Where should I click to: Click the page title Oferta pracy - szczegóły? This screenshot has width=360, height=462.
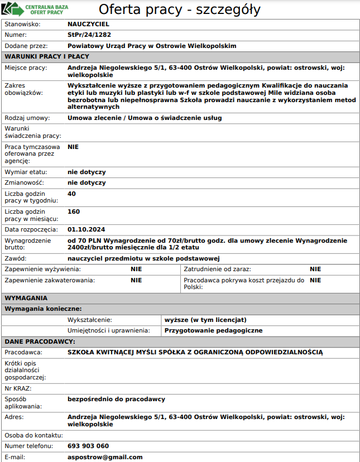pos(179,9)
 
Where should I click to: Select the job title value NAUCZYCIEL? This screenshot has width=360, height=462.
pos(88,25)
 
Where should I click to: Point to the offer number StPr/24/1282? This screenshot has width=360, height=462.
pos(89,35)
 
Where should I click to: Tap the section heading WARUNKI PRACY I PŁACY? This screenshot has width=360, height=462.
pos(47,56)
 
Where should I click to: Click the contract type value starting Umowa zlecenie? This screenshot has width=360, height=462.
pos(145,118)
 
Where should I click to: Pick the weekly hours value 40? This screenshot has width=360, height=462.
pos(71,194)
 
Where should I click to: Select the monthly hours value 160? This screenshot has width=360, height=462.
pos(74,211)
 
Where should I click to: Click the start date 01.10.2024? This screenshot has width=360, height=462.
pos(86,229)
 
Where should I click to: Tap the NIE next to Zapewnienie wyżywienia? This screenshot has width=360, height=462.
pos(136,269)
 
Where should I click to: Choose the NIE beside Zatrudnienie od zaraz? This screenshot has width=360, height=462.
pos(315,269)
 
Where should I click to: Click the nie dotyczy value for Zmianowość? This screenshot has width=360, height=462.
pos(87,182)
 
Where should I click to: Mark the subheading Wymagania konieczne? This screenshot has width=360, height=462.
pos(44,309)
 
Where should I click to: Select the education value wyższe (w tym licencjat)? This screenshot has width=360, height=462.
pos(205,320)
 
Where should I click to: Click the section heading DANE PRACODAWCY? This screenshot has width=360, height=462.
pos(40,341)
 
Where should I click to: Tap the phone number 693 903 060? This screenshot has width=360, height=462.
pos(88,446)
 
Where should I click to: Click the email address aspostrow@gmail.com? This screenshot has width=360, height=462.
pos(105,457)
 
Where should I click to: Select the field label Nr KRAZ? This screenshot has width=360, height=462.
pos(18,388)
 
